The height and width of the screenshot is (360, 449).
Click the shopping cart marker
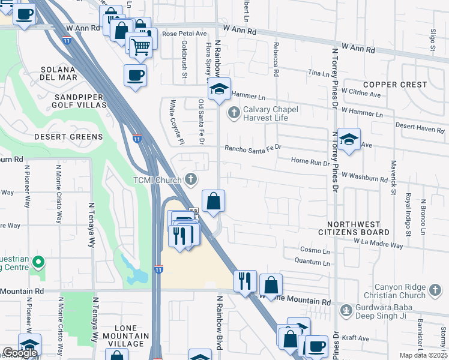pyautogui.click(x=140, y=46)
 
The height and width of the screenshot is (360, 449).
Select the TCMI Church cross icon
pyautogui.click(x=191, y=178)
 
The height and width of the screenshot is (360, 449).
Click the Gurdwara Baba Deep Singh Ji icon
pyautogui.click(x=346, y=310)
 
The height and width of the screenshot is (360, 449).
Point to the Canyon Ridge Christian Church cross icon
pyautogui.click(x=435, y=291)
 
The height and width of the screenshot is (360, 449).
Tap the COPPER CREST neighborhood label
pyautogui.click(x=394, y=85)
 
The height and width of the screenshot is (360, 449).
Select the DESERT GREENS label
pyautogui.click(x=68, y=137)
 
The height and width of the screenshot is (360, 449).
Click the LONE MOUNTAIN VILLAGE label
pyautogui.click(x=122, y=339)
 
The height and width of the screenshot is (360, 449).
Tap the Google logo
pyautogui.click(x=20, y=353)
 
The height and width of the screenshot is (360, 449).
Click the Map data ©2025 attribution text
pyautogui.click(x=423, y=355)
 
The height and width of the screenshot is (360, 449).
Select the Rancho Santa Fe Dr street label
pyautogui.click(x=253, y=148)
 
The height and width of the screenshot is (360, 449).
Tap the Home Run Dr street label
pyautogui.click(x=310, y=162)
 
